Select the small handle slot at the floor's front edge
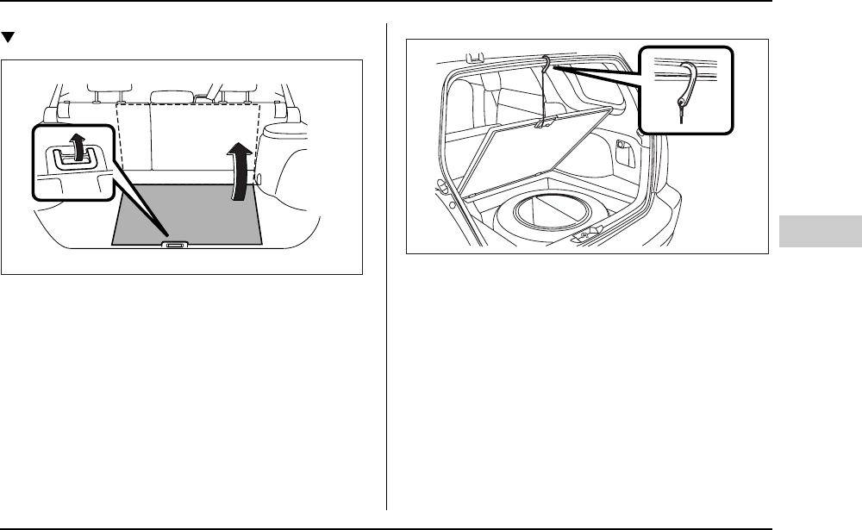[173, 246]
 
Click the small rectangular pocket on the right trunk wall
[622, 143]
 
